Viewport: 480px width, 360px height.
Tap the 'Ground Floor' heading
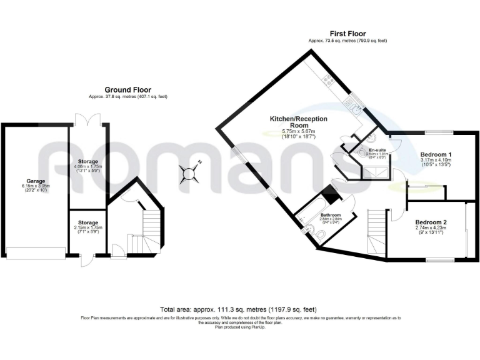click(127, 90)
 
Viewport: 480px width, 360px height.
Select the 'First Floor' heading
click(347, 34)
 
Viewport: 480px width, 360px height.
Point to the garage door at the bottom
click(36, 252)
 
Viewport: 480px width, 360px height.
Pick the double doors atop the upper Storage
click(83, 119)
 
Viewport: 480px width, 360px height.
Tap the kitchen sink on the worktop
click(354, 107)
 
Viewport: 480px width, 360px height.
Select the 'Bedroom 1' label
click(436, 154)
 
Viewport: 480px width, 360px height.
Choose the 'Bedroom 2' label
click(432, 222)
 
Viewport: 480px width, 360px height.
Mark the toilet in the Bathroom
click(321, 234)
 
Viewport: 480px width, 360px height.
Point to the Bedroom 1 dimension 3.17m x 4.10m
click(436, 161)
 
